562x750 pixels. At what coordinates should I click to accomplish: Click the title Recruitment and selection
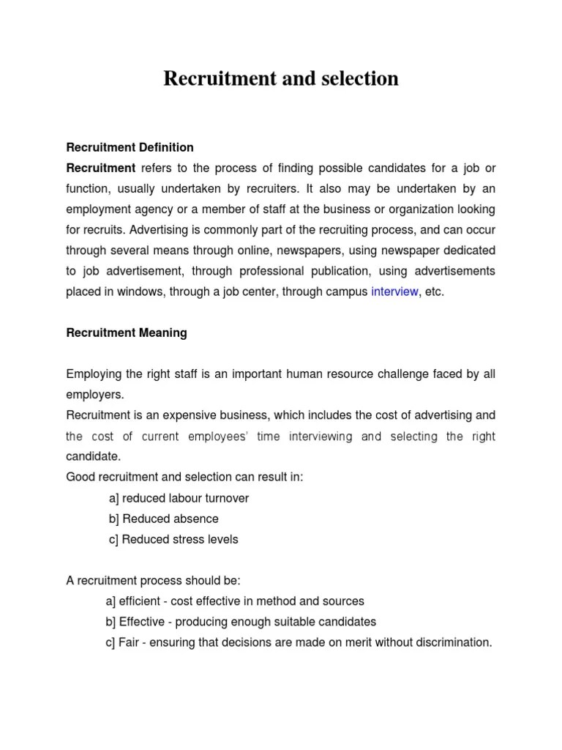(281, 78)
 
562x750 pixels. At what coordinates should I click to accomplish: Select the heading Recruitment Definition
(130, 147)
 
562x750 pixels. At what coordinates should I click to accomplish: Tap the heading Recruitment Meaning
(127, 333)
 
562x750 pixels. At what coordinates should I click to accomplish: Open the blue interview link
(394, 292)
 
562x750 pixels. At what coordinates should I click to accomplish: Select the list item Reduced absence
(170, 519)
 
